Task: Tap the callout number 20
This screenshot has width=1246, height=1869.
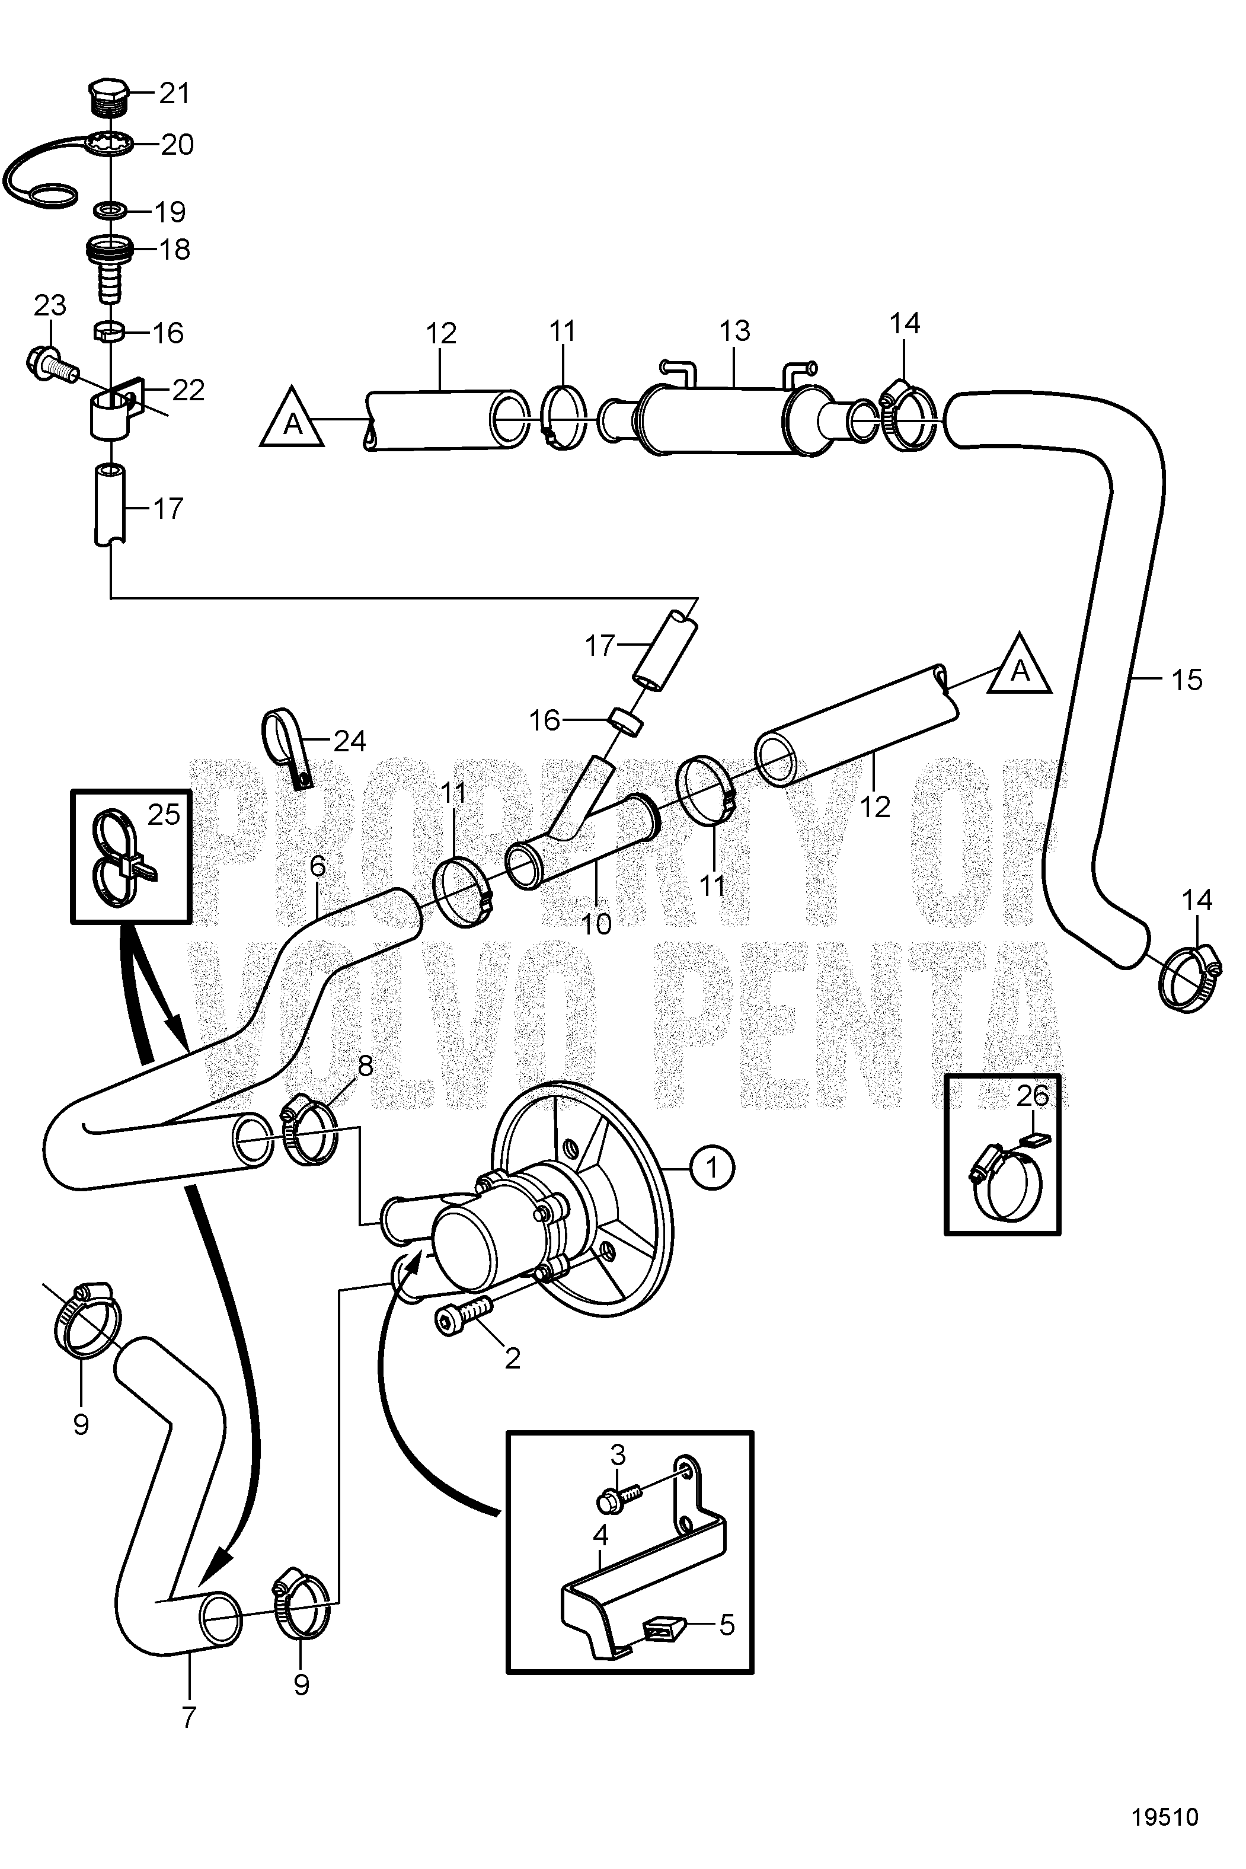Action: tap(177, 145)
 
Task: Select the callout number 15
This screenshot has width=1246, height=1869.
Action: tap(1186, 680)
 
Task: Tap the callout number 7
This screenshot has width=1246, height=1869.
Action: tap(189, 1717)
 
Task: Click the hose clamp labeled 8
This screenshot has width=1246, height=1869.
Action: tap(308, 1135)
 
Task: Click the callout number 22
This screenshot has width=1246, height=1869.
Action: tap(189, 390)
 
